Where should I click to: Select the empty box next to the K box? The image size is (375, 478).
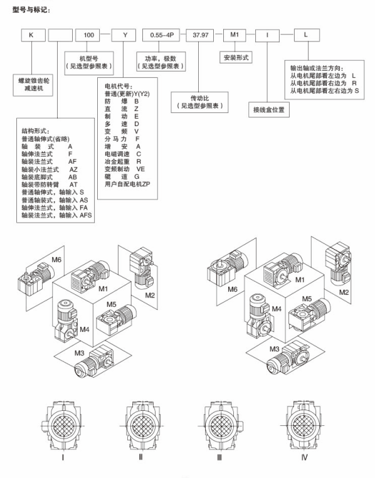60,35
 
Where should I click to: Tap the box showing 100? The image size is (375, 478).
88,35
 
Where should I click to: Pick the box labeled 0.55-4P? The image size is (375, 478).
161,35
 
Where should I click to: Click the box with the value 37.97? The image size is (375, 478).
200,35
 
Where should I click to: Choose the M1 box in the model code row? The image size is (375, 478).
235,35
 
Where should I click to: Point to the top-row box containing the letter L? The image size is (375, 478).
307,35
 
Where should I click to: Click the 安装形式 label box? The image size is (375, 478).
236,57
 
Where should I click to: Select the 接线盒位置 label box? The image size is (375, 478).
268,109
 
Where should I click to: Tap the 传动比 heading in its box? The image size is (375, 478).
200,98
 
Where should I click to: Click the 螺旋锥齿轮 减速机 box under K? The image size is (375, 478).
33,85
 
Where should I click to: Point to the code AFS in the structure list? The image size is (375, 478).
86,215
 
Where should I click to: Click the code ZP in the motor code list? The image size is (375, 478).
146,184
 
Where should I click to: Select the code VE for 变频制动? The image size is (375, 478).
140,169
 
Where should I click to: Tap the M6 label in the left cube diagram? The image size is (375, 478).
56,260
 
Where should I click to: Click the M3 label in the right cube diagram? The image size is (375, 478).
274,349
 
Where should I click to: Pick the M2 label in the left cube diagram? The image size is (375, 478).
150,295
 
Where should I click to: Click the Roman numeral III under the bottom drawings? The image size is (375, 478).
219,457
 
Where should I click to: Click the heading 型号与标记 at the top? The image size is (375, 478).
31,10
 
